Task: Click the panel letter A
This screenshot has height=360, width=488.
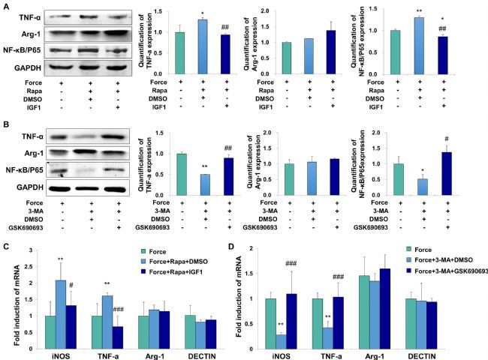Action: pyautogui.click(x=6, y=6)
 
